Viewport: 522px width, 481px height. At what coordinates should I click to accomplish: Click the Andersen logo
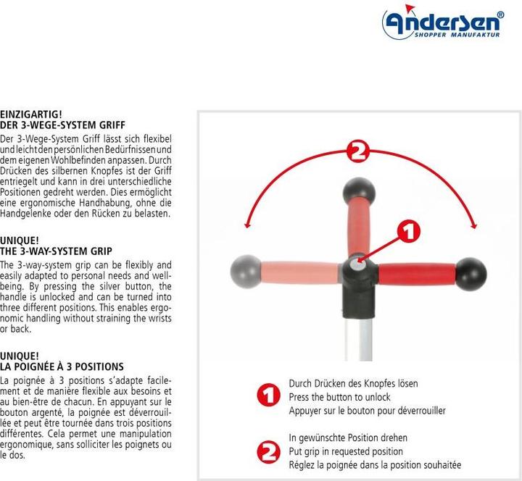(443, 22)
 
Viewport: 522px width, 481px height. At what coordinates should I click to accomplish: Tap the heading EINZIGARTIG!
(31, 114)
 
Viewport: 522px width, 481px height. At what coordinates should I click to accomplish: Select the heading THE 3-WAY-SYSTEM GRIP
(56, 251)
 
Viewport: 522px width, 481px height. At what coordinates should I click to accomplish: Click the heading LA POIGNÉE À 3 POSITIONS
(62, 367)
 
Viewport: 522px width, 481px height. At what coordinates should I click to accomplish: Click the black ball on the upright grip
(359, 193)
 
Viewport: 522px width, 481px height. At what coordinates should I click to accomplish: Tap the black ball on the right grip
(471, 274)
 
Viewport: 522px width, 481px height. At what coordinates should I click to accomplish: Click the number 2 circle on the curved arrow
(358, 152)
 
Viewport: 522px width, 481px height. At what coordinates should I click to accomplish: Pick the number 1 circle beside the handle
(408, 231)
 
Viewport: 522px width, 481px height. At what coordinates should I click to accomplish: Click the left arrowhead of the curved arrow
(246, 225)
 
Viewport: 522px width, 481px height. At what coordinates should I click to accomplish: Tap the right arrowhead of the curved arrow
(474, 225)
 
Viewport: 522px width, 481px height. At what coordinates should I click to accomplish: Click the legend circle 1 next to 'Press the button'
(268, 395)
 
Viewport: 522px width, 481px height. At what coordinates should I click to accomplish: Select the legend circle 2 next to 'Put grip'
(268, 452)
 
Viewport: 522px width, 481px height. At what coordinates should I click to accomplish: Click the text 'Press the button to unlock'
(339, 397)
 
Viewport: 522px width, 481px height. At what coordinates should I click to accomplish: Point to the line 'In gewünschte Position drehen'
(348, 438)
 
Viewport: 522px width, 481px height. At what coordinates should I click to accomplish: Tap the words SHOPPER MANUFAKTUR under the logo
(457, 35)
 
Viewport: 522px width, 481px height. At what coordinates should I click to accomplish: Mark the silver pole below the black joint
(365, 338)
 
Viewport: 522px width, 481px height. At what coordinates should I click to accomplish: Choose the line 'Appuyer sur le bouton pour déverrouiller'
(367, 411)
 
